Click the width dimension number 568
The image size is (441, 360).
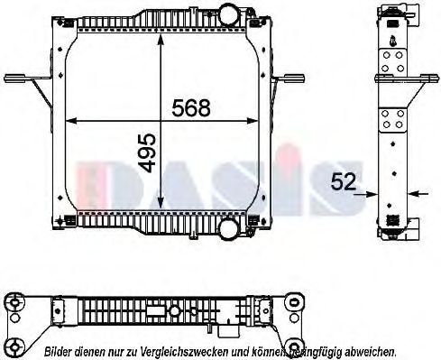point(190,108)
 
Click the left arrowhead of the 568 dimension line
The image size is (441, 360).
point(73,122)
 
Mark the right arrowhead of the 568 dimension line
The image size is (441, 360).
point(262,122)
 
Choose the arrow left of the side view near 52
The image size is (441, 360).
point(366,192)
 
